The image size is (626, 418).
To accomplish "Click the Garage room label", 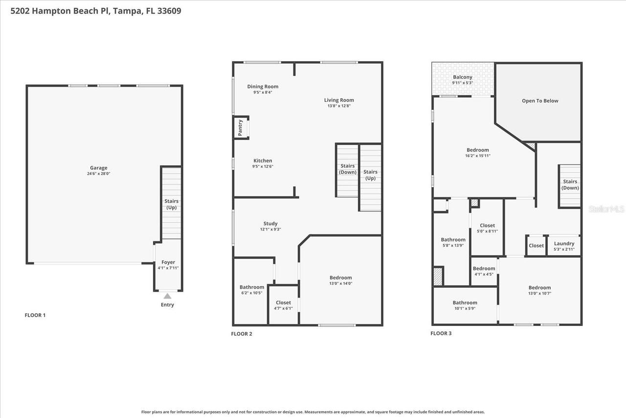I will coord(98,168).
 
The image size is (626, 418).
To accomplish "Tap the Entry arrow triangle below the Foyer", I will coord(167,296).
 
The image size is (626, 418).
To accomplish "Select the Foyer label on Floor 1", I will coord(168,262).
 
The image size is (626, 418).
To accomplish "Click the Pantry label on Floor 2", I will coord(240,127).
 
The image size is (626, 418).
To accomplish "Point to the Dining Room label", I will coord(263,87).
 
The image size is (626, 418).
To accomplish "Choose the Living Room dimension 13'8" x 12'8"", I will coord(339,106).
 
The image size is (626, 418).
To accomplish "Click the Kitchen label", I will coord(263,161).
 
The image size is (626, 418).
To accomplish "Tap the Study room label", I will coord(270,224).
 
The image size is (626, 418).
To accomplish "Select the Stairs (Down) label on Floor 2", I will coord(348,169).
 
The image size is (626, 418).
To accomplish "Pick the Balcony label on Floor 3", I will coord(463,77).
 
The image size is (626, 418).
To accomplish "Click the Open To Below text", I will coord(540,101).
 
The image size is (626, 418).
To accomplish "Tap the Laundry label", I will coord(564,243).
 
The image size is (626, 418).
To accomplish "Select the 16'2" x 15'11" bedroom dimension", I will coord(477,156).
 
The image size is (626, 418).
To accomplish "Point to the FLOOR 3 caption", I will coord(441,333).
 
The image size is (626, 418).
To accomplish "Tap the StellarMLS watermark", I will coord(606,209).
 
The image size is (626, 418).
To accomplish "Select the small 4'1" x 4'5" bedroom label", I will coord(484,274).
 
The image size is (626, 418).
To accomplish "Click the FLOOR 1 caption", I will coord(35,315).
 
